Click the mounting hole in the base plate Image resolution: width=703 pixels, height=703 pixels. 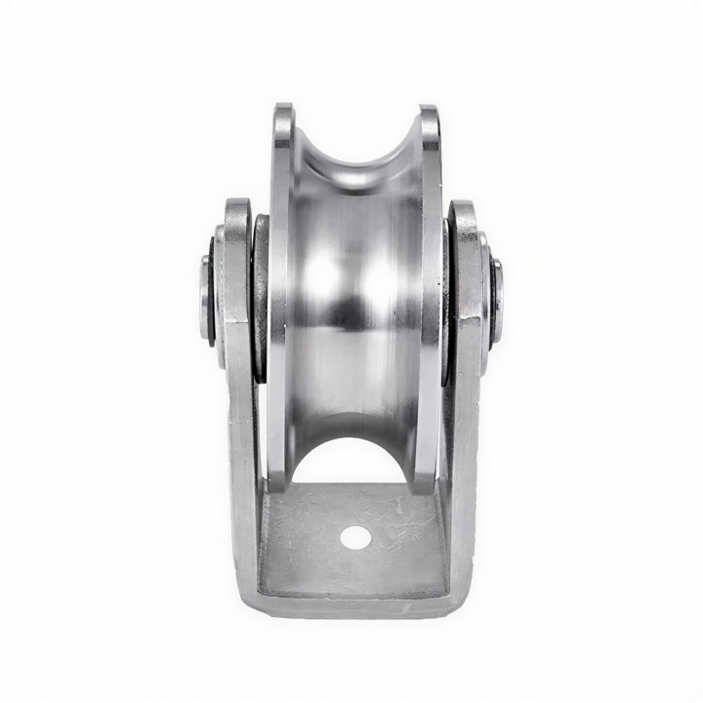[355, 536]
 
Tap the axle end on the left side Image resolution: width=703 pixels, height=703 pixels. [206, 298]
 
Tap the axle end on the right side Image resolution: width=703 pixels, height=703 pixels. [498, 299]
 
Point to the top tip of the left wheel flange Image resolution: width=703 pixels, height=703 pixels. [283, 109]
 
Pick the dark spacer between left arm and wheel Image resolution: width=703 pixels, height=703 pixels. [261, 298]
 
